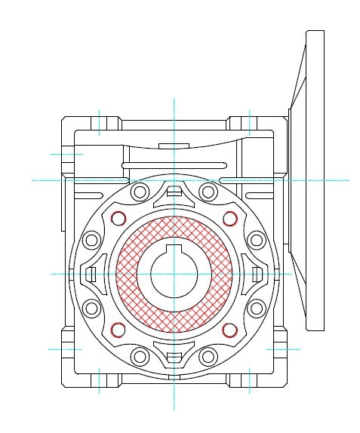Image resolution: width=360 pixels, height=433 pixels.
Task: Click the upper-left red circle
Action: [x=118, y=219]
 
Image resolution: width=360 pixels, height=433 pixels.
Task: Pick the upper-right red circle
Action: [x=230, y=219]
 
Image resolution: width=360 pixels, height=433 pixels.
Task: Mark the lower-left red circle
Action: [x=118, y=329]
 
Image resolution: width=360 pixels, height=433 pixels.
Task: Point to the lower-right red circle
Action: [x=230, y=330]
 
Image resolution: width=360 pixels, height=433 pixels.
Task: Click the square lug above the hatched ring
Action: [x=174, y=190]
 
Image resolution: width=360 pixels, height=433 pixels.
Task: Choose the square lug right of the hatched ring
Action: [x=257, y=274]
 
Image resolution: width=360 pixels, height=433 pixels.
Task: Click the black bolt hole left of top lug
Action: [x=140, y=192]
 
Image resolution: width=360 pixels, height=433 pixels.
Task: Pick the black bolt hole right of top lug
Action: [x=208, y=192]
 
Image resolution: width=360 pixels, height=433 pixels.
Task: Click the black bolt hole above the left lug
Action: [x=91, y=241]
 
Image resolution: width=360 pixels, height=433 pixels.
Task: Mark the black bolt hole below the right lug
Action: [x=257, y=308]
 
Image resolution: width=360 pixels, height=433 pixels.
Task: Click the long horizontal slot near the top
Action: [x=175, y=164]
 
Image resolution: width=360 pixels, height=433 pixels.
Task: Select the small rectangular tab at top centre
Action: [x=174, y=144]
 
